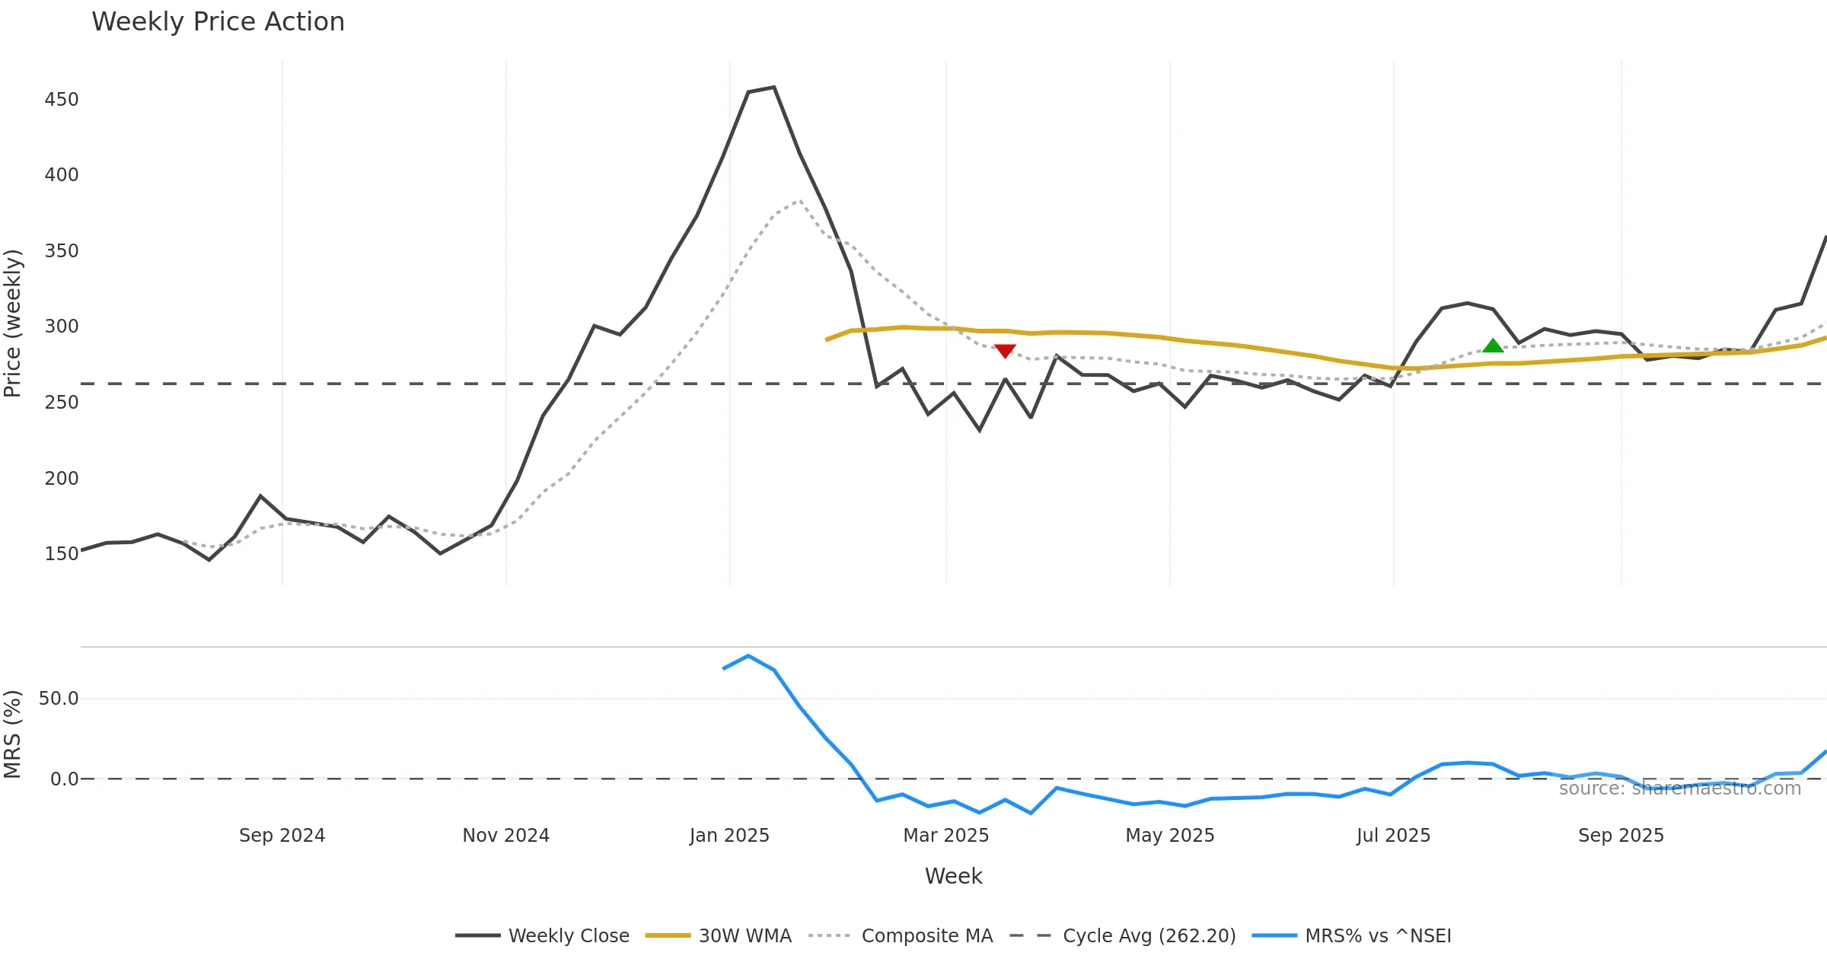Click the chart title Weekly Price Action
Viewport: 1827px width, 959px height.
click(218, 22)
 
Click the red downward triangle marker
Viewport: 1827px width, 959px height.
click(1005, 351)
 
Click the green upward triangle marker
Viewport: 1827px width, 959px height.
click(1493, 346)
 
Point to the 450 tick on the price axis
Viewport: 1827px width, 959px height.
click(62, 100)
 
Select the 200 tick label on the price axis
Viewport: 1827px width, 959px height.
click(62, 479)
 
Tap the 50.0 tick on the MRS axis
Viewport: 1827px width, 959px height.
click(59, 699)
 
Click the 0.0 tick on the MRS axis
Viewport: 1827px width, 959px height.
click(64, 779)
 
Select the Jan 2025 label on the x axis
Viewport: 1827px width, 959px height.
click(729, 836)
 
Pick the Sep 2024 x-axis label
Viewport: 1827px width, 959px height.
click(282, 836)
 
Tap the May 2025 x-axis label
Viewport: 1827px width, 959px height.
click(1169, 836)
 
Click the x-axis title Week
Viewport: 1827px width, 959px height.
click(953, 877)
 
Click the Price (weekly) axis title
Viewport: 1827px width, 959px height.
click(13, 323)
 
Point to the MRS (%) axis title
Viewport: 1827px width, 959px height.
click(13, 734)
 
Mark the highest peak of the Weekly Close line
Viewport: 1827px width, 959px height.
click(774, 88)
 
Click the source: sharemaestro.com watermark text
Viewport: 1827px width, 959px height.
click(1679, 789)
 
